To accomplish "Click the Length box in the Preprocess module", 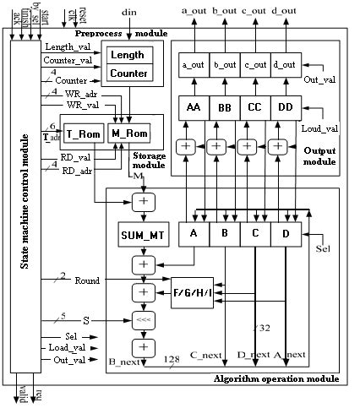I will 128,55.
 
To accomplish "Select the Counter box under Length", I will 128,73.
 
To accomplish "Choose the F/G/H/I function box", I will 192,291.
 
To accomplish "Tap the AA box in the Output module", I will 194,107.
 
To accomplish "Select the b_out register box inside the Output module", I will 224,64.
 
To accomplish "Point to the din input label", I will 128,13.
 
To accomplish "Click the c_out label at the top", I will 254,9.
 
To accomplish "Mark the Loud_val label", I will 319,130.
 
